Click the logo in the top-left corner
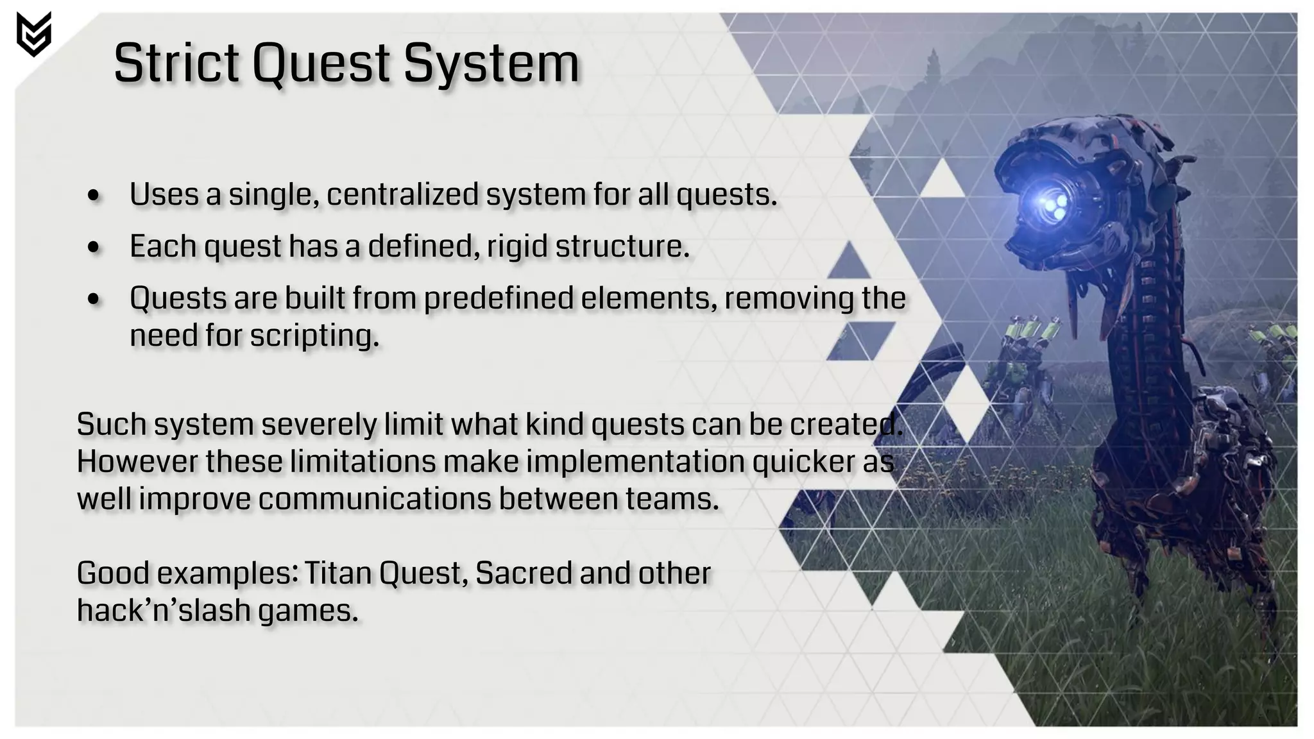[33, 35]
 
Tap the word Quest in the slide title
[321, 64]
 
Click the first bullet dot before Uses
[94, 196]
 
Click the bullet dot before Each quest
[94, 248]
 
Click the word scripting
[314, 336]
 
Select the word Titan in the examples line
[337, 573]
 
